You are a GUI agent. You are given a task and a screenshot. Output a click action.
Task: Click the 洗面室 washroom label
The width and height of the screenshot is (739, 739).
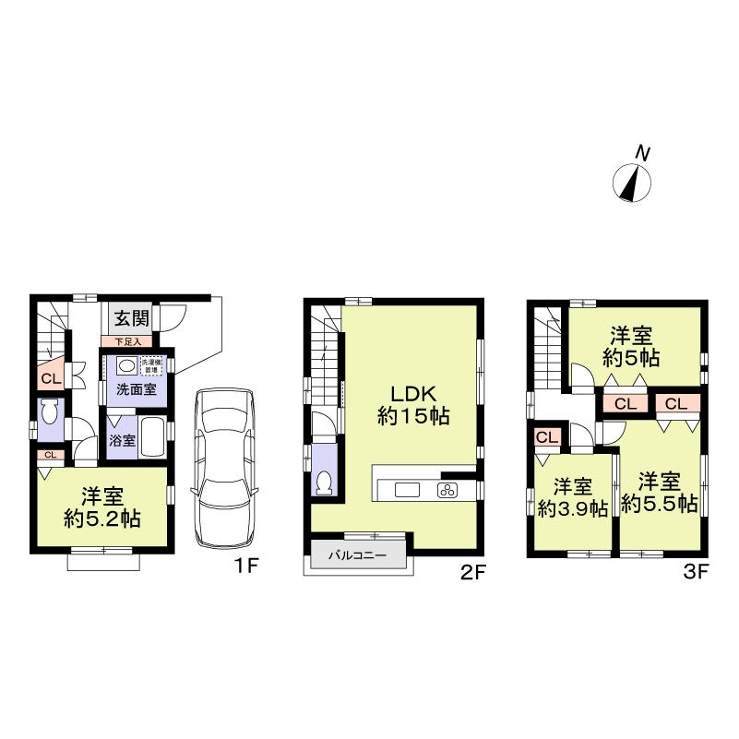pos(135,389)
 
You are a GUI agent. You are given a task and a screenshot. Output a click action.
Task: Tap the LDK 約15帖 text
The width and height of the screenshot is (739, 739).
pos(412,404)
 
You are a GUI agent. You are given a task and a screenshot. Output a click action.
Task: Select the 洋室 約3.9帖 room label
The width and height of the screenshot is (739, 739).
pos(572,497)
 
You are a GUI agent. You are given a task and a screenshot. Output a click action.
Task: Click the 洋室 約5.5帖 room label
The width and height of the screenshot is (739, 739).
pos(658,493)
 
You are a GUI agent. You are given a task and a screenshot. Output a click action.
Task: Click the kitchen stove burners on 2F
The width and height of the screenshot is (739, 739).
pos(448,490)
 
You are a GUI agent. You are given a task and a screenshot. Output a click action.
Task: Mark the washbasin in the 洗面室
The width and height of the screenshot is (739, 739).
pos(125,365)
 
